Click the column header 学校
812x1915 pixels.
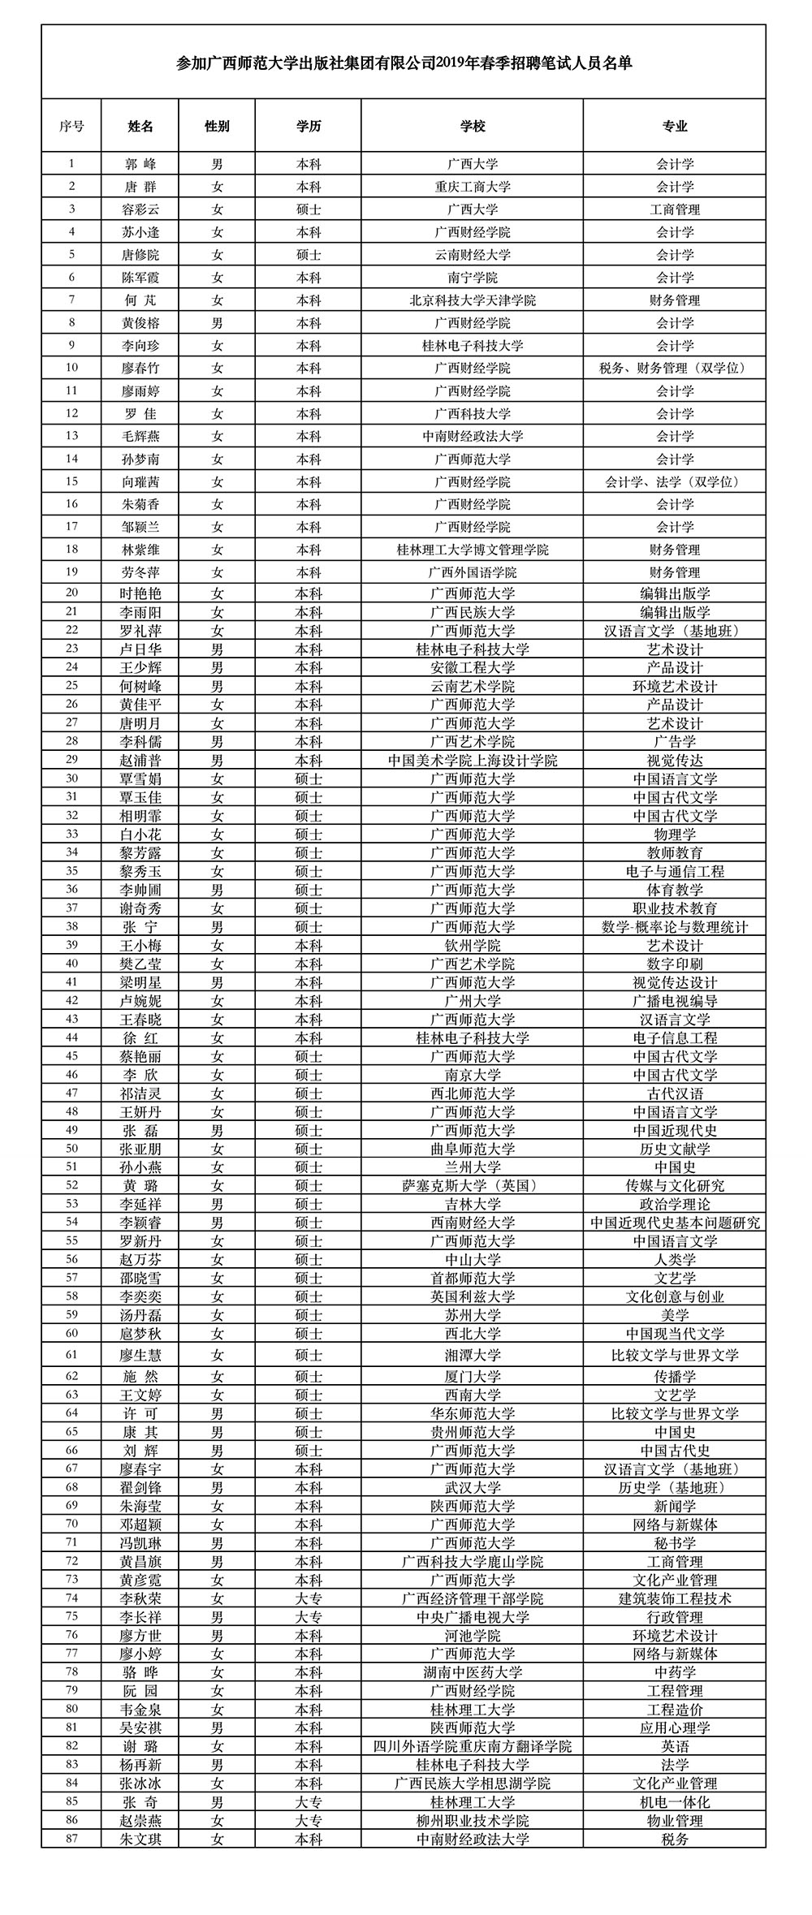click(472, 126)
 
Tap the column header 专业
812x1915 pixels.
click(674, 126)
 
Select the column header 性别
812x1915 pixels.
click(217, 126)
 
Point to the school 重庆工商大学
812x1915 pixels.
click(472, 186)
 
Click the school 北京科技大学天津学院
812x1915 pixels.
click(472, 300)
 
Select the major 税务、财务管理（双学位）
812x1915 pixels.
click(674, 368)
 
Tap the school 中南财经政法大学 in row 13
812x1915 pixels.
click(472, 436)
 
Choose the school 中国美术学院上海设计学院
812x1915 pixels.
click(472, 760)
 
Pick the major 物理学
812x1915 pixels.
click(674, 834)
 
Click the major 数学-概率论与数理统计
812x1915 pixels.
click(674, 926)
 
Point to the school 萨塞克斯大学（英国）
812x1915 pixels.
click(472, 1185)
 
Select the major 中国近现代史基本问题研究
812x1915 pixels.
click(674, 1223)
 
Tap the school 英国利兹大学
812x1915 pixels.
click(472, 1296)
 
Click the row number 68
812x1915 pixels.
click(71, 1487)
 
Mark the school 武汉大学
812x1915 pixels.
click(472, 1487)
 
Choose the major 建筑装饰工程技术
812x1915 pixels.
click(674, 1598)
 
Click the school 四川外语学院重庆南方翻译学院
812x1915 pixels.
click(472, 1746)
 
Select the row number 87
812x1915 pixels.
click(71, 1839)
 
